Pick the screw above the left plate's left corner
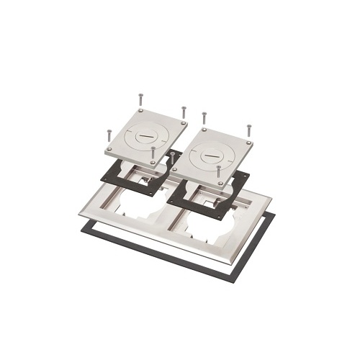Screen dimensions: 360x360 [109, 135]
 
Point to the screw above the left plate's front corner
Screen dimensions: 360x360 [153, 153]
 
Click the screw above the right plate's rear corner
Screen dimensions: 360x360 [205, 117]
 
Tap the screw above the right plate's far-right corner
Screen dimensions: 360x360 [248, 130]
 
